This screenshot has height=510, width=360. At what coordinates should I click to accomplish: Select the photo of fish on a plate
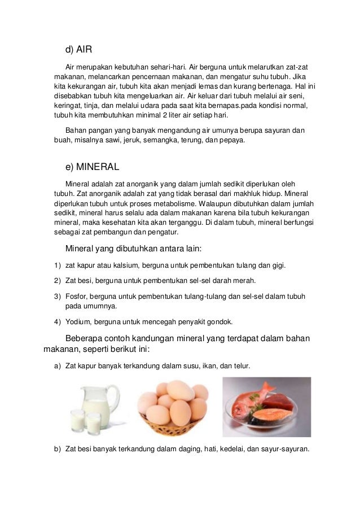(266, 407)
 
